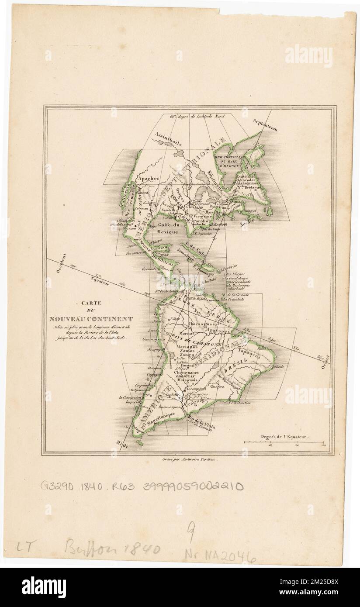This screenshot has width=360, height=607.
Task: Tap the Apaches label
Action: [148, 179]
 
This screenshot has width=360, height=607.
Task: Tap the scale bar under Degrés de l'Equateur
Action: [284, 442]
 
